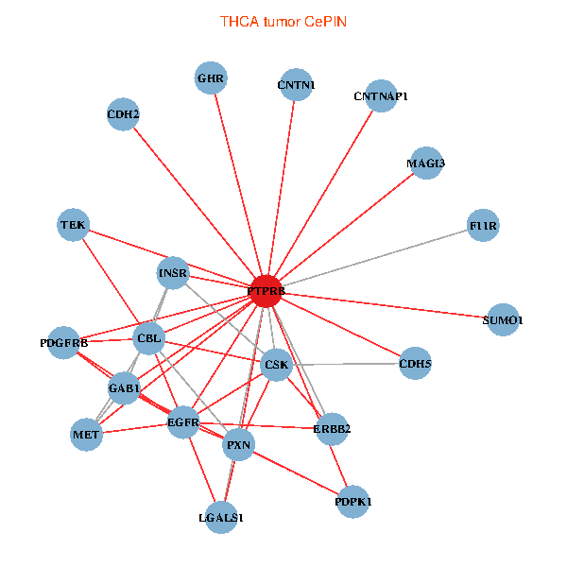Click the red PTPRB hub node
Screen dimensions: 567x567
[266, 292]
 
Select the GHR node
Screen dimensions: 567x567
[211, 77]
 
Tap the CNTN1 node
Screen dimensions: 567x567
[296, 85]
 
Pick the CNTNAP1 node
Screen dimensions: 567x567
[380, 95]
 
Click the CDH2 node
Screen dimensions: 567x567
[123, 115]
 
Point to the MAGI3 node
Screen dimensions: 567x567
[425, 163]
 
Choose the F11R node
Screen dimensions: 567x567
[483, 226]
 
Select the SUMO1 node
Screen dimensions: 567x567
[502, 320]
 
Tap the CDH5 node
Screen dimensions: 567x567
[415, 363]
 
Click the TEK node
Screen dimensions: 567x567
[73, 225]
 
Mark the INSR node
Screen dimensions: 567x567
[173, 274]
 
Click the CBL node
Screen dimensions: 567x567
[149, 337]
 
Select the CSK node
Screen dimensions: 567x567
[276, 364]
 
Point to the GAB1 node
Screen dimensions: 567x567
[124, 387]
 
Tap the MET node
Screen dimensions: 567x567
[86, 435]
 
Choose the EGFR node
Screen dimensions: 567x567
[182, 421]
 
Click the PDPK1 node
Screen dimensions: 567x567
[352, 502]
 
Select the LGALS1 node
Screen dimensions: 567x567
[221, 517]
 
